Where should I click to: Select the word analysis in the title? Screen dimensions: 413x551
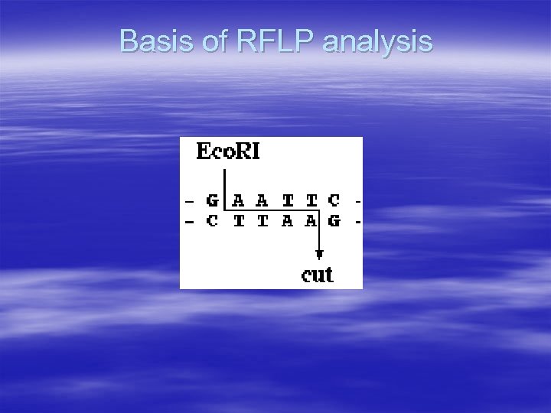pos(377,43)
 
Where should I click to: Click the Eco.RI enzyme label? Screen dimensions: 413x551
pos(227,151)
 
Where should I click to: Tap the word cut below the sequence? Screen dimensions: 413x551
pos(318,274)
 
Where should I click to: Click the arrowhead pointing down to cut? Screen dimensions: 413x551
pos(319,254)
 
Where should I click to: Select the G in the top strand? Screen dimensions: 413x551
pos(213,201)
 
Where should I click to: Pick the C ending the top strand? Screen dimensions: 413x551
pos(334,201)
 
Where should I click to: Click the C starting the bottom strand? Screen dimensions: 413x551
pos(212,223)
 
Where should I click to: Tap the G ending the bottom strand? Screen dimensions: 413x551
pos(334,223)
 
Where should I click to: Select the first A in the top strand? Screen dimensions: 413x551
pos(238,201)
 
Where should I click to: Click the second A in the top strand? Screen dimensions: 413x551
pos(262,201)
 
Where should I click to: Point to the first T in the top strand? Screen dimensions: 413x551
pos(286,201)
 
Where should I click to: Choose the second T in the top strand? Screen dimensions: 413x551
pos(310,201)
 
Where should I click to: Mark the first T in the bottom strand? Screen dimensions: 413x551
pos(238,223)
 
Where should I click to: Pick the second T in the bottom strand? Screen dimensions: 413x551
pos(262,223)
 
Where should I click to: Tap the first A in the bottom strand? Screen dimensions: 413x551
pos(286,223)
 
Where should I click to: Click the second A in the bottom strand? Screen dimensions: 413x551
pos(310,223)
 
